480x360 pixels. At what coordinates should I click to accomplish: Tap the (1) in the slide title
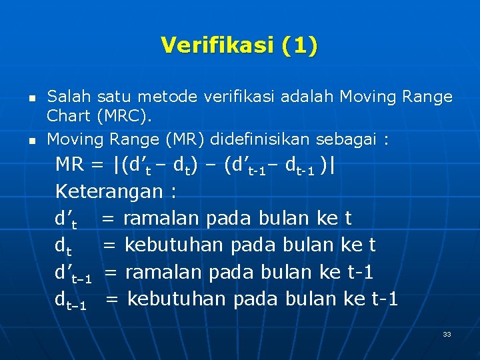click(x=299, y=45)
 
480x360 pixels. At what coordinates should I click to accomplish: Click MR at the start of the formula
click(x=69, y=164)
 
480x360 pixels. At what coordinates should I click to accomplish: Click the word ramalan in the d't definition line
click(x=162, y=218)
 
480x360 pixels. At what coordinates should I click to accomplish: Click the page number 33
click(x=447, y=334)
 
